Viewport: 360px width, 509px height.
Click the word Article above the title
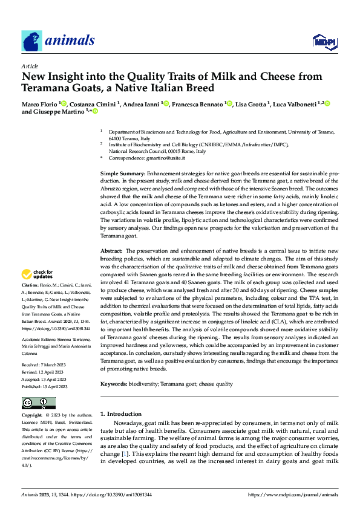[30, 66]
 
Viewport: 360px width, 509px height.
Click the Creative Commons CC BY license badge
[38, 403]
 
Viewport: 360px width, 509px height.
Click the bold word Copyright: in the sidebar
[32, 417]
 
